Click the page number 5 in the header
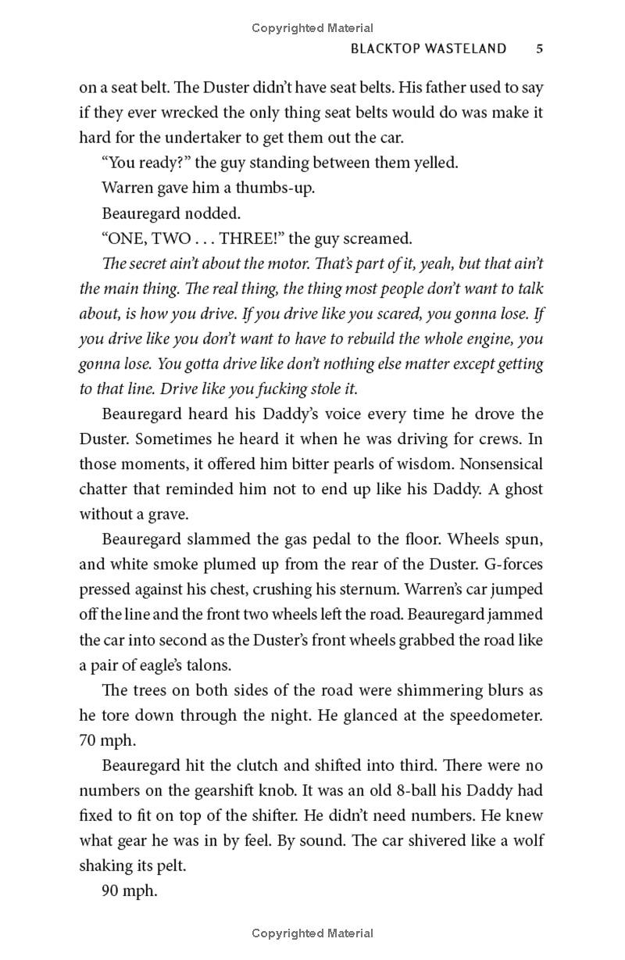(539, 48)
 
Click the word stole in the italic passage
(318, 389)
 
